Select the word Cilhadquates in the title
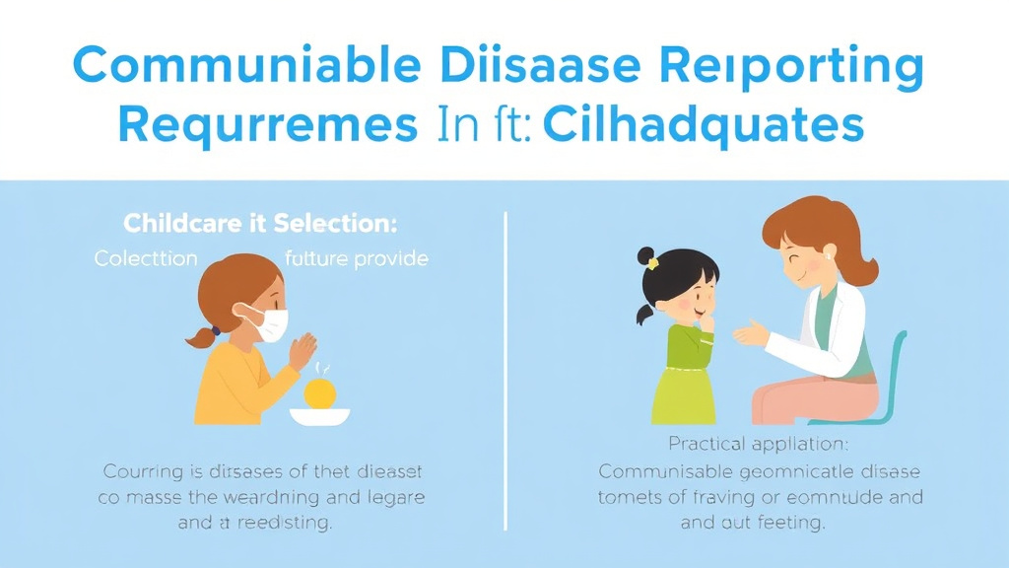point(703,126)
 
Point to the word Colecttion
point(146,259)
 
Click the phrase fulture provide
point(356,259)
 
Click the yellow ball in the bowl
point(320,393)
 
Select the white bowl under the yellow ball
point(319,416)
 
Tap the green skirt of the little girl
point(684,395)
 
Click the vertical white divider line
point(506,370)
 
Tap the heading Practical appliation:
point(751,444)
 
